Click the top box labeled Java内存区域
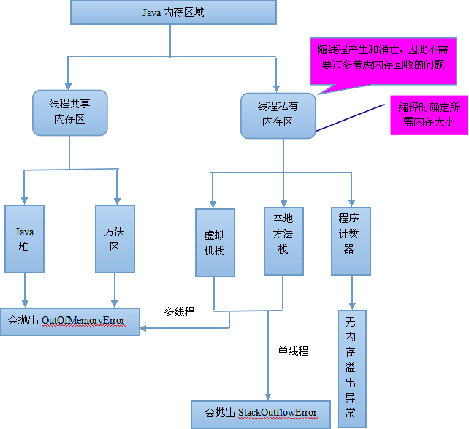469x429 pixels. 173,12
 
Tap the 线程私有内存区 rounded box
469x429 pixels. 278,115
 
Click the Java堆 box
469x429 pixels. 26,239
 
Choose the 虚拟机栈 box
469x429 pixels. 214,243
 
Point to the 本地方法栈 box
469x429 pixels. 283,240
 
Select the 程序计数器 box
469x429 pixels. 351,240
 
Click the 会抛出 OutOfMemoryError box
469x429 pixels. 69,321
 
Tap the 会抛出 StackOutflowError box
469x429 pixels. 256,413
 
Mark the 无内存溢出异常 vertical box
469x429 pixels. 352,368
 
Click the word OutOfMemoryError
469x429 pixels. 83,321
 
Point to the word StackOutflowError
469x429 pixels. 278,413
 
